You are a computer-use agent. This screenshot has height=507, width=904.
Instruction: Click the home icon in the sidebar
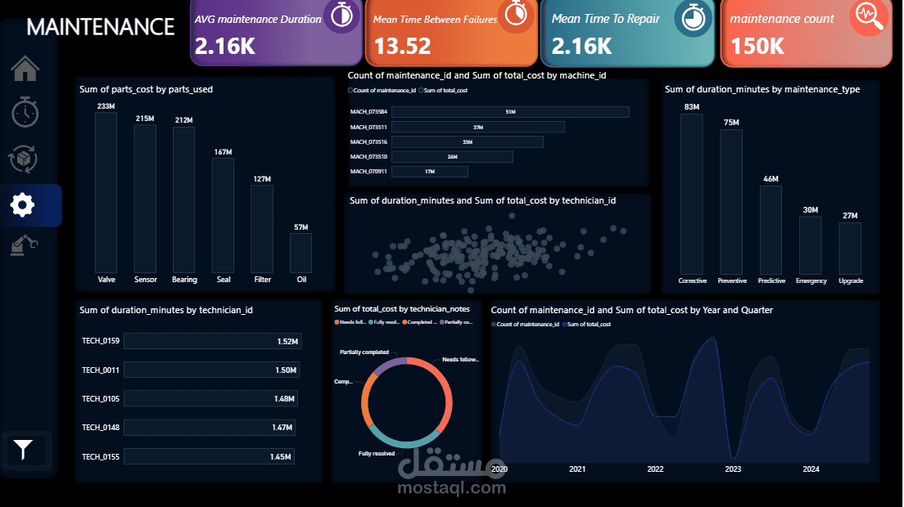25,69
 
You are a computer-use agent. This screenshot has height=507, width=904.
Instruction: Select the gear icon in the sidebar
23,204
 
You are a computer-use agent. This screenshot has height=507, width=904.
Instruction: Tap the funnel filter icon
24,449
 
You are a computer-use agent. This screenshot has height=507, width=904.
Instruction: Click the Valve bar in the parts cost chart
106,192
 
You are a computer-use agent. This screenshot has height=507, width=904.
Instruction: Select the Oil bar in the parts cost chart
301,253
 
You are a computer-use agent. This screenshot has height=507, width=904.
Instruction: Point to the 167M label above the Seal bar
223,151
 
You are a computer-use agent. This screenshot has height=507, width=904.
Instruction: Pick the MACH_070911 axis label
368,172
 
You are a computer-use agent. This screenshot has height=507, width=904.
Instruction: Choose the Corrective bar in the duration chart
691,194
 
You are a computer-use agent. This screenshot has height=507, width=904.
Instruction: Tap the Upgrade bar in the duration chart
850,248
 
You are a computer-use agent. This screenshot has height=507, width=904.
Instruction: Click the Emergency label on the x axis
811,280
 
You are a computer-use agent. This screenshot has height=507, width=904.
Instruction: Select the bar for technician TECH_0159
213,341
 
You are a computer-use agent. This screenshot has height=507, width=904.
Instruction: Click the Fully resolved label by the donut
377,453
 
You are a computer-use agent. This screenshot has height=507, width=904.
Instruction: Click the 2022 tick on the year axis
655,469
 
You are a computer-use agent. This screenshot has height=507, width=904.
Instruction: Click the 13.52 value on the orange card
402,47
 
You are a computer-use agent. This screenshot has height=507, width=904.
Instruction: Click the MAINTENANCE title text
101,27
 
